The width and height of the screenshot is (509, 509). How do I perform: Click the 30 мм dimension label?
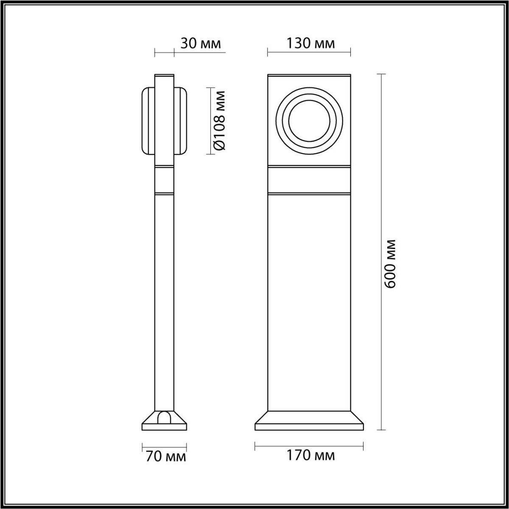tap(200, 43)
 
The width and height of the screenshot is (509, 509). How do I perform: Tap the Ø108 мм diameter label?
tap(220, 120)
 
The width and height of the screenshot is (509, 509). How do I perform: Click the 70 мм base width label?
tap(165, 457)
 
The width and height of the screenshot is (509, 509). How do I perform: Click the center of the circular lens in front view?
tap(309, 121)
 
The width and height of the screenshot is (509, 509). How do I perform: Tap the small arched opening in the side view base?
tap(165, 417)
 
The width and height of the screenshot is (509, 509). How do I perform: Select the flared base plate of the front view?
tap(309, 421)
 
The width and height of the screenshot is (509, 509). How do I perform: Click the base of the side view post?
tap(165, 421)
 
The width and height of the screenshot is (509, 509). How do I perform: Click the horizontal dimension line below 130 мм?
tap(309, 53)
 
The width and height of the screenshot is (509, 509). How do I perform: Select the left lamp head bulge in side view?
tap(148, 120)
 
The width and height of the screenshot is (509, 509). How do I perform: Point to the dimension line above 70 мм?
tap(165, 446)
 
